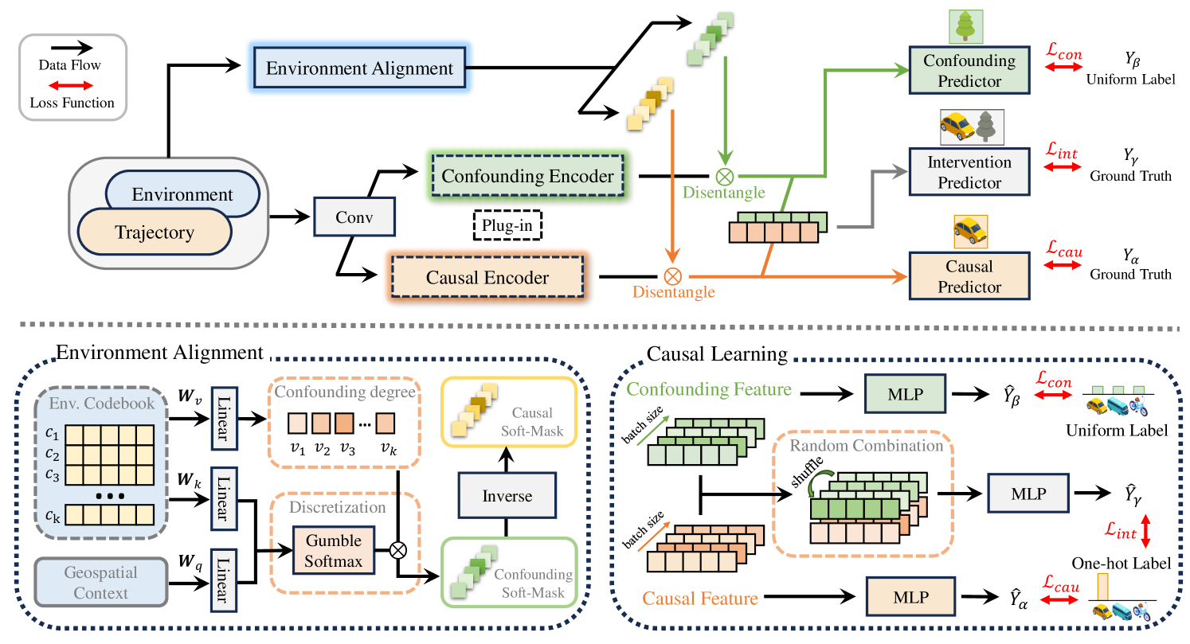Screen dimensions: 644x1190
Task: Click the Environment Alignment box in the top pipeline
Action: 359,69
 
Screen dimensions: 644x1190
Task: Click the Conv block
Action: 354,216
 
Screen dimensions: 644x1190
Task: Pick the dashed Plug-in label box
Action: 507,225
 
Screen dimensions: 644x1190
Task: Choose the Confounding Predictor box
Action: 969,71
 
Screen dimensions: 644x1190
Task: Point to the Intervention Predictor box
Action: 969,173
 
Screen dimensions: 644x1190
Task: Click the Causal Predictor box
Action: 969,276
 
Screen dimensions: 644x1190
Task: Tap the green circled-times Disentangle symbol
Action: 725,177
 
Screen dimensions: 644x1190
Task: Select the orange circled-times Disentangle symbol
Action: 673,276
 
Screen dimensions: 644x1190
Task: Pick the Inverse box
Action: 507,495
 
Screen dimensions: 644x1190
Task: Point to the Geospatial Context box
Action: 100,583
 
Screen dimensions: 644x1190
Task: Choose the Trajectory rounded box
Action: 155,232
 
